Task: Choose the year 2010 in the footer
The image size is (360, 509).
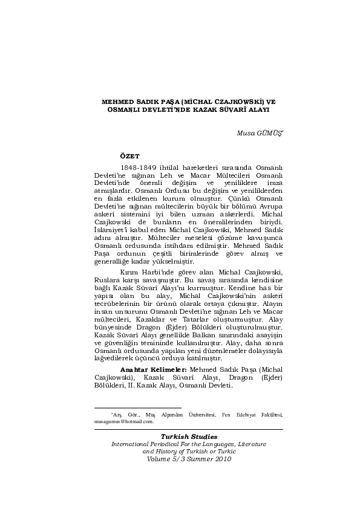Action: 223,458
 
